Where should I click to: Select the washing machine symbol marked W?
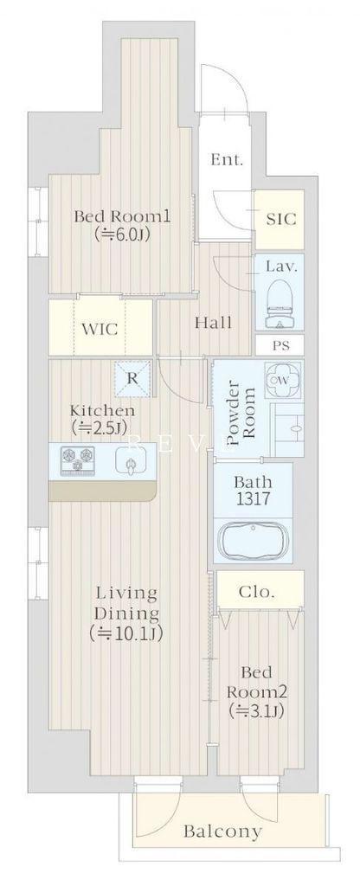(283, 381)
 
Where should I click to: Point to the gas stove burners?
(78, 459)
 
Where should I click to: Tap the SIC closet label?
(280, 218)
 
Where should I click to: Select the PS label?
(281, 346)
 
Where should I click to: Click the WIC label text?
(100, 328)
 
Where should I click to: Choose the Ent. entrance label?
(227, 160)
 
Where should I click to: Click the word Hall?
(213, 324)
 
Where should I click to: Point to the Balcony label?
(222, 831)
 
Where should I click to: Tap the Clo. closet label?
(257, 592)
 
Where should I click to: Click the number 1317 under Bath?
(253, 499)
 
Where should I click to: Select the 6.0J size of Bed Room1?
(123, 234)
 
